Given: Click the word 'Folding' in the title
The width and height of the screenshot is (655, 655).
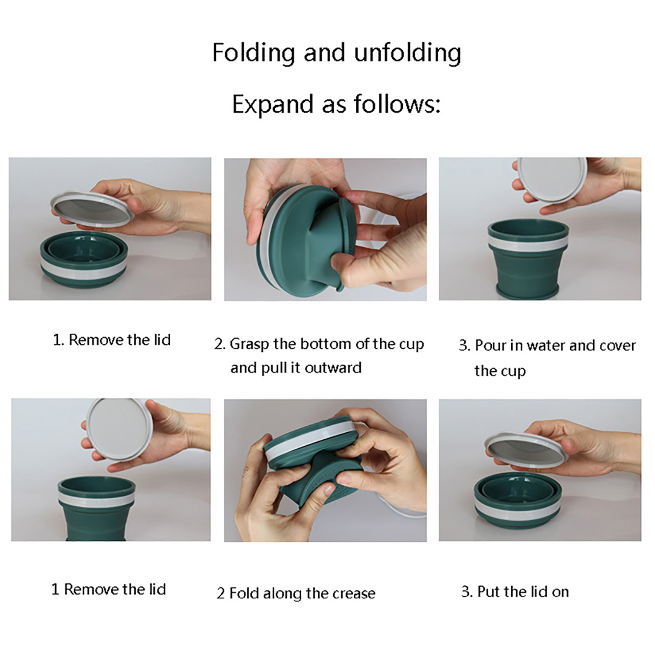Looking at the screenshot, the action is pos(253,53).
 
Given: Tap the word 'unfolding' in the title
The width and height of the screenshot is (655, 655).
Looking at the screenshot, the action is pos(408,53).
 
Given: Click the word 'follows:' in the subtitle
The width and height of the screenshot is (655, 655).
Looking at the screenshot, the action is pos(397,104).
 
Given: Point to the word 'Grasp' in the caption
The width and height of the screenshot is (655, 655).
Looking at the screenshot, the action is pos(249,345).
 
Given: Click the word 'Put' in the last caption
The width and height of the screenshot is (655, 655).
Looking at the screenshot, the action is pos(489,592).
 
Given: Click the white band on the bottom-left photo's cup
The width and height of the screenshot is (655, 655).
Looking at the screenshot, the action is pos(97,498).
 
